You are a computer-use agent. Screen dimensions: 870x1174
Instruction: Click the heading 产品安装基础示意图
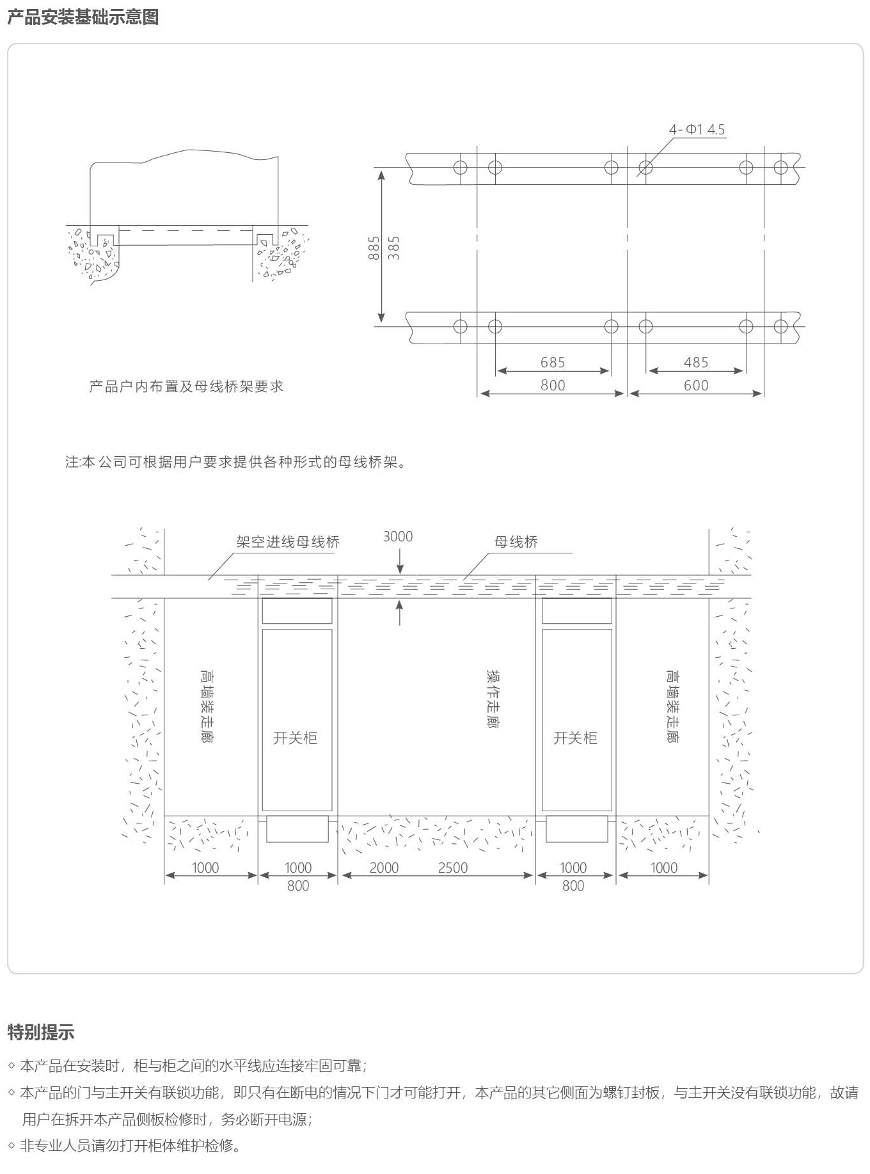(83, 17)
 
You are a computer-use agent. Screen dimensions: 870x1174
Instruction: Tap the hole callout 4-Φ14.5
(697, 129)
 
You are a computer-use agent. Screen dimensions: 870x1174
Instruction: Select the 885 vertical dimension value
(374, 248)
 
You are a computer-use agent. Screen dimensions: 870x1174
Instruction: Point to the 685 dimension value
(553, 363)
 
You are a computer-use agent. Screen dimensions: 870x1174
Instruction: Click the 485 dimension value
(696, 363)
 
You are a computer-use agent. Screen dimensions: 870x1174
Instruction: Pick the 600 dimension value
(696, 385)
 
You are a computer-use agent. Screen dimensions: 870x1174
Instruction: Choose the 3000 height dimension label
(398, 536)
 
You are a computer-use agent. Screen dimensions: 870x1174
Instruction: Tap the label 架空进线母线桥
(288, 542)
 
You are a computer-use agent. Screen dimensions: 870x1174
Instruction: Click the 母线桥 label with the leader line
(516, 542)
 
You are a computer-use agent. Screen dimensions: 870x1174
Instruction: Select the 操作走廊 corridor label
(493, 699)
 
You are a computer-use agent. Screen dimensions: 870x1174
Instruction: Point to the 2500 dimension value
(453, 868)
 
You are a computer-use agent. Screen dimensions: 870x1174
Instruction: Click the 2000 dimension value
(384, 868)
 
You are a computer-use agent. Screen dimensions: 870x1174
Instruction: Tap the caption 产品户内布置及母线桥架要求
(186, 386)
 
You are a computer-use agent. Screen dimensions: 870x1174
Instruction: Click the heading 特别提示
(41, 1032)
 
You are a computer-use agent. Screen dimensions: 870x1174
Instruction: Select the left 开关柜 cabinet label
(296, 738)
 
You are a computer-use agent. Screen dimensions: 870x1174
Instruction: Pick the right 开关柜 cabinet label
(575, 738)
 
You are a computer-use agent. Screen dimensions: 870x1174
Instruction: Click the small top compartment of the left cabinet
(297, 611)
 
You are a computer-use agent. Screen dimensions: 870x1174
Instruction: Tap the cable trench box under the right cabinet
(576, 829)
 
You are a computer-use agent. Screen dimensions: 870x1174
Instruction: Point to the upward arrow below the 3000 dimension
(400, 612)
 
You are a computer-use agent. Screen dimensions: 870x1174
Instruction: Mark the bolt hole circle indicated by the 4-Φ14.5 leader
(645, 168)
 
